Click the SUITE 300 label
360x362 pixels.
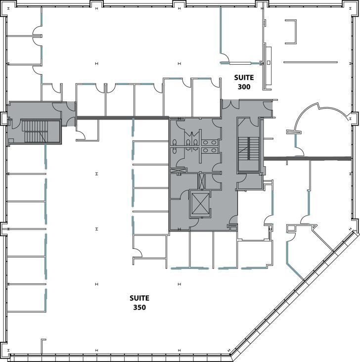tap(244, 82)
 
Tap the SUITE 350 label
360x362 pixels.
tap(139, 303)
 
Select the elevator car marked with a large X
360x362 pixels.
tap(200, 204)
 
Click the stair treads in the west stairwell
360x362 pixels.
tap(35, 131)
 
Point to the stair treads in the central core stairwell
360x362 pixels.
tap(249, 148)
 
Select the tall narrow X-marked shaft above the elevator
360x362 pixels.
tap(202, 181)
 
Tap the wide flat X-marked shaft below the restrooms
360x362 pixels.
tap(178, 171)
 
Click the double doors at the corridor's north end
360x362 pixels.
tap(230, 104)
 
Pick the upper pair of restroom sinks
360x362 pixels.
tap(210, 143)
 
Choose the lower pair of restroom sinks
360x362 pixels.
tap(210, 150)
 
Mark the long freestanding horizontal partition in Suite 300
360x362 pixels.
tap(311, 62)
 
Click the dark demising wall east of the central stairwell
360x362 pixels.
tap(308, 159)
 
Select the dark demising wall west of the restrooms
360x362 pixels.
tap(122, 118)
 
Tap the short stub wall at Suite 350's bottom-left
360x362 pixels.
tap(43, 346)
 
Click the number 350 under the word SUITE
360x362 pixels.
tap(139, 307)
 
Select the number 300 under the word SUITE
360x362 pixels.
tap(244, 87)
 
